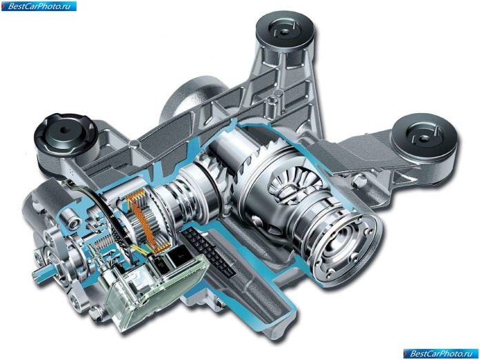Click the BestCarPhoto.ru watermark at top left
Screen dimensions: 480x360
pyautogui.click(x=39, y=6)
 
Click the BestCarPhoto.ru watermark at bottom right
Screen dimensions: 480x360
pyautogui.click(x=440, y=354)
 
